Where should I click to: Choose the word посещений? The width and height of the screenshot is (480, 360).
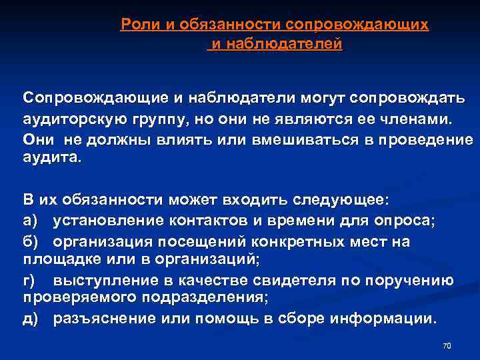[193, 241]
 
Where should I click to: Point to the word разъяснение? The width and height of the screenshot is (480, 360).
[100, 319]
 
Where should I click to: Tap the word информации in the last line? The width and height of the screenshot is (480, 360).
[388, 319]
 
